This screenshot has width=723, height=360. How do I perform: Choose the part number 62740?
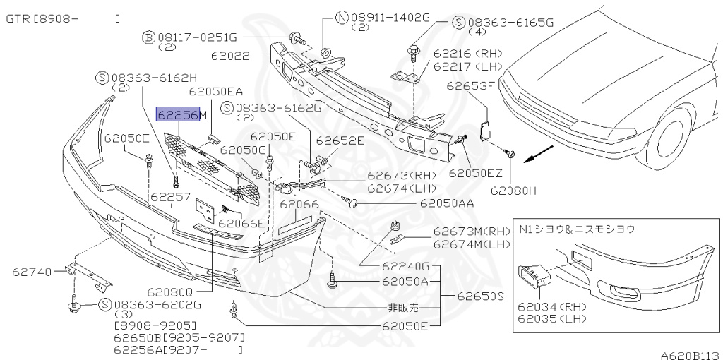pos(31,270)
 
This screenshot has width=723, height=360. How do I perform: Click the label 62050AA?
pos(446,203)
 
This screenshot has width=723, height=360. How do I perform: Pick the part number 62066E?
pos(241,224)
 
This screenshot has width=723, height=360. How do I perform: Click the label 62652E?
pos(340,140)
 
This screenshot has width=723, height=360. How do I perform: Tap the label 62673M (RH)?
pos(471,232)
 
